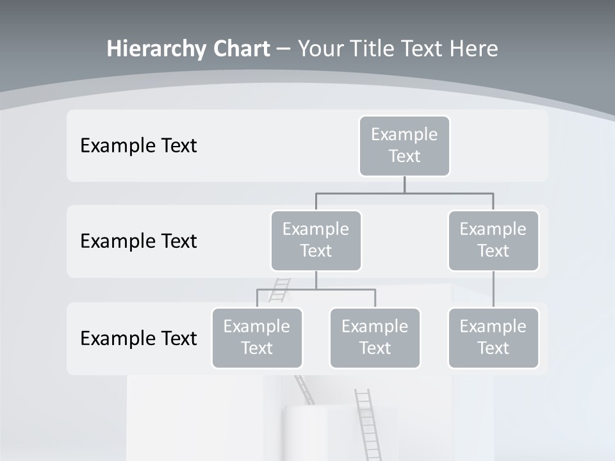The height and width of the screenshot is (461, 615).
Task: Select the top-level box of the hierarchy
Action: click(x=404, y=145)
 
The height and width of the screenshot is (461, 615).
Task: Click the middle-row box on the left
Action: click(x=316, y=240)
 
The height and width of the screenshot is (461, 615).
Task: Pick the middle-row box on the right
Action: click(x=493, y=240)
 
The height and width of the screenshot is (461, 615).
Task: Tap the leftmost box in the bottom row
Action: click(x=257, y=337)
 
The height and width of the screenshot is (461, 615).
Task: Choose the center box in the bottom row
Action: click(x=375, y=337)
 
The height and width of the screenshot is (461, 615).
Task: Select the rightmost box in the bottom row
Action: click(x=493, y=337)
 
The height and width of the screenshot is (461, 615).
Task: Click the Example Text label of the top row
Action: click(x=138, y=146)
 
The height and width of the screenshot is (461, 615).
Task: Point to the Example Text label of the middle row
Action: click(x=138, y=241)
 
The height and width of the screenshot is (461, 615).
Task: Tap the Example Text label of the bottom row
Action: click(x=138, y=338)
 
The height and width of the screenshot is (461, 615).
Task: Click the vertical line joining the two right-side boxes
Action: click(x=493, y=289)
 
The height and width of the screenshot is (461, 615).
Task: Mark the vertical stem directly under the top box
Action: click(x=404, y=184)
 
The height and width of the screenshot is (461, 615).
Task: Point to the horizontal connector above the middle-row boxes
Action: click(x=404, y=193)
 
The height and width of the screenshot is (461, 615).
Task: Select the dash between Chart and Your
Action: click(x=284, y=49)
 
